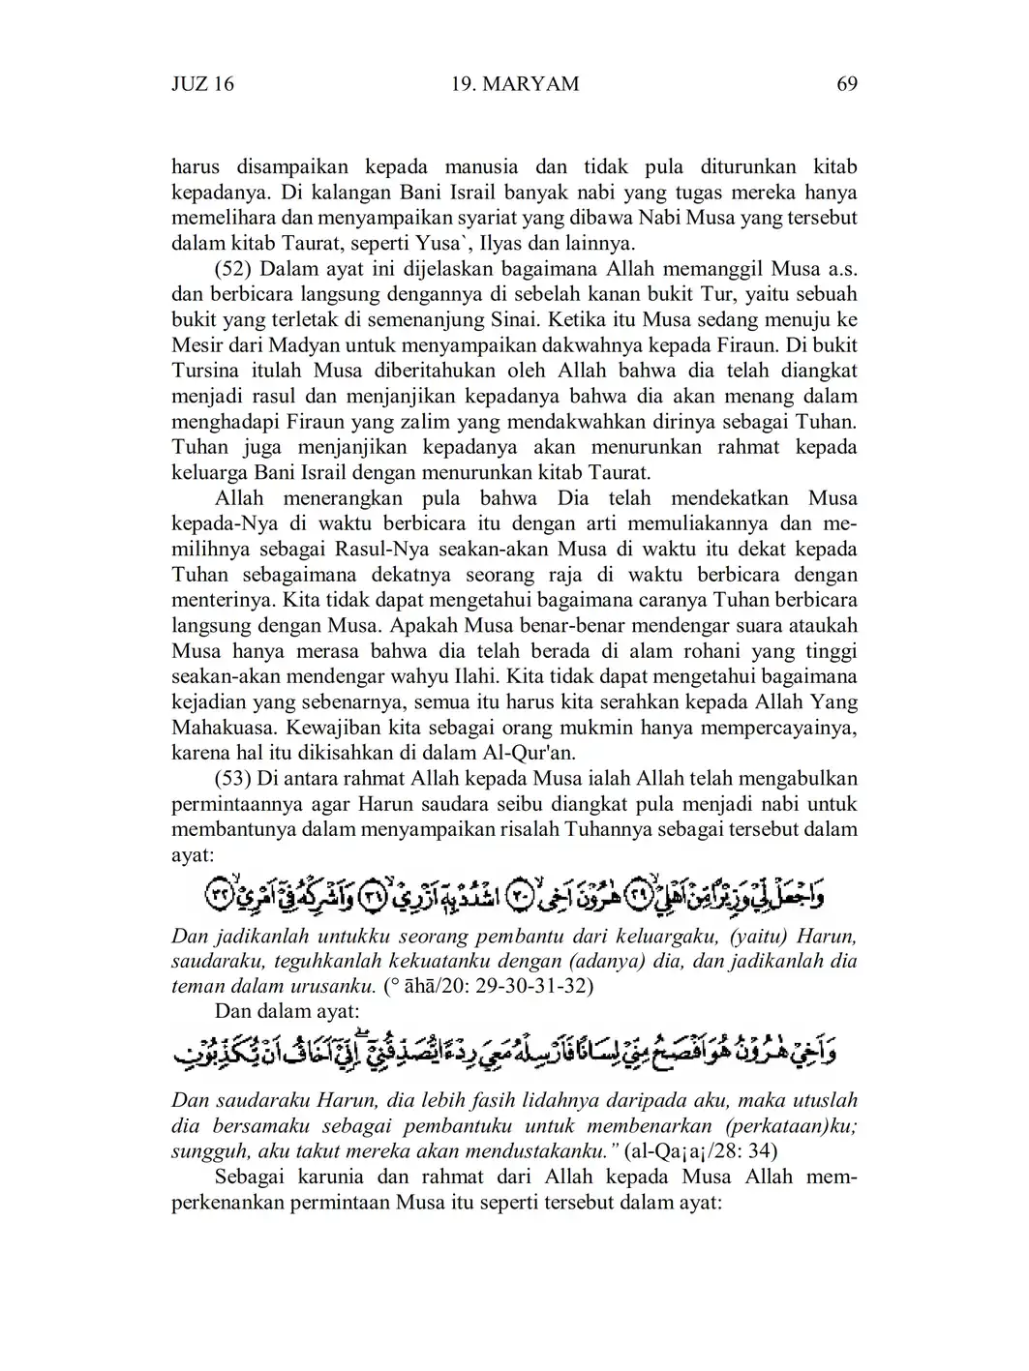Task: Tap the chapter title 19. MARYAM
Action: coord(515,84)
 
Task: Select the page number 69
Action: coord(846,84)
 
